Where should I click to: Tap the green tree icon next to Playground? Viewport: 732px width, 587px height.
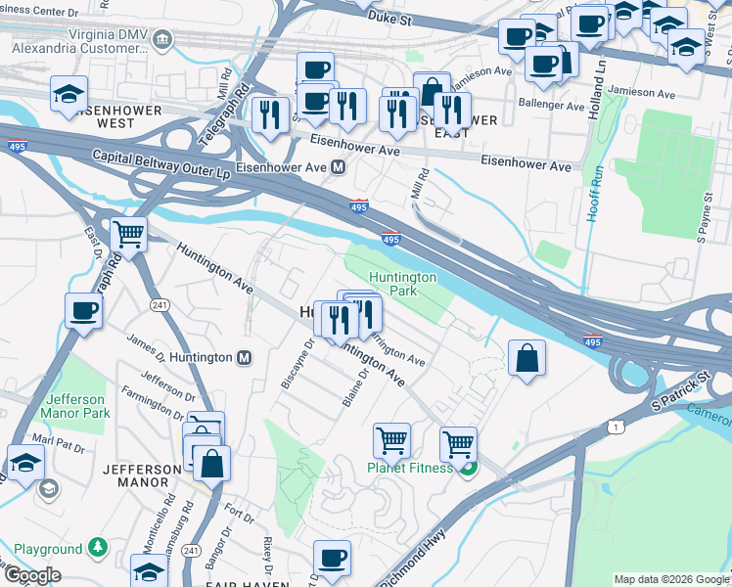97,547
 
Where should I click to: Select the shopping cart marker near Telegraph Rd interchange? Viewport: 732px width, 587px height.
129,235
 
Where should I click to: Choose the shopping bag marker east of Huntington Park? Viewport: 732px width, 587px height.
527,357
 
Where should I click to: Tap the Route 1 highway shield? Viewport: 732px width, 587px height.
614,427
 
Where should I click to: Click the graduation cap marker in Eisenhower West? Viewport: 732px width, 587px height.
69,94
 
